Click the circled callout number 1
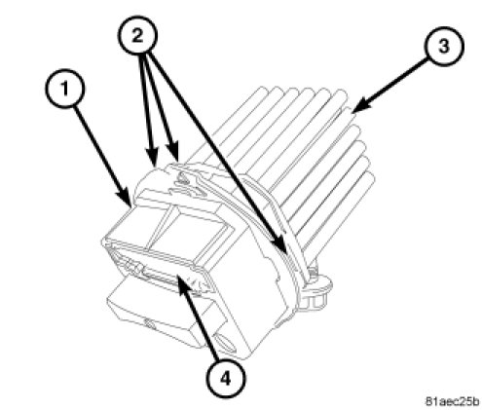tap(65, 89)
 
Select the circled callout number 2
tap(137, 35)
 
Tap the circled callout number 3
tap(443, 46)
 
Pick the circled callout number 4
tap(225, 378)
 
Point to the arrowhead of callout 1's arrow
tap(128, 199)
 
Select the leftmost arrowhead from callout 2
tap(152, 159)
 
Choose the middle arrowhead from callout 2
tap(174, 153)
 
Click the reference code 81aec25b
tap(452, 401)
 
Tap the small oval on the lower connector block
tap(149, 323)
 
